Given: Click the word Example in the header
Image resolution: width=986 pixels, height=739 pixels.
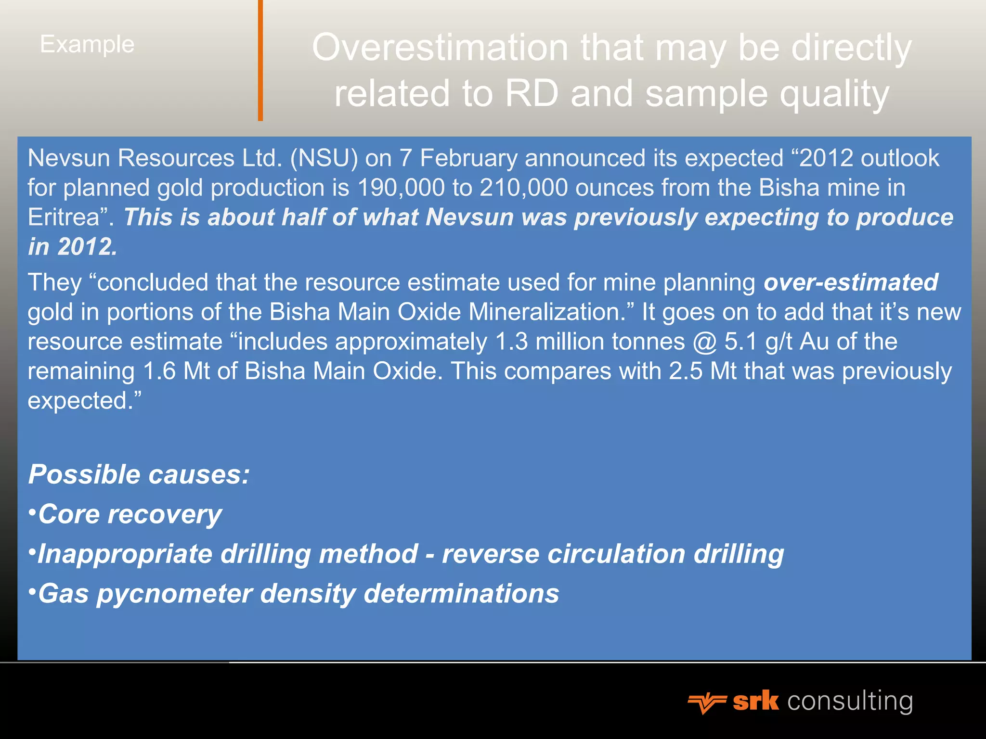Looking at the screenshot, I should click(x=87, y=45).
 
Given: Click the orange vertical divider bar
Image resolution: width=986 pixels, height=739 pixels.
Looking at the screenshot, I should click(x=260, y=60).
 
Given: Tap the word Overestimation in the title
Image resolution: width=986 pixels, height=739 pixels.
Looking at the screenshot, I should click(x=440, y=48).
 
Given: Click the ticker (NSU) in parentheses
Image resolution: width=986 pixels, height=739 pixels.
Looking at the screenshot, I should click(x=324, y=158).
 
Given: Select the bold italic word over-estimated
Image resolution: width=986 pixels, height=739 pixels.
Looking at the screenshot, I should click(x=851, y=282).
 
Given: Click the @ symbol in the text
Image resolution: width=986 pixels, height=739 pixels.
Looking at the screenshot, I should click(x=705, y=342).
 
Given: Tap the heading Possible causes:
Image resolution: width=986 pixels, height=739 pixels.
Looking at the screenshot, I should click(x=139, y=474).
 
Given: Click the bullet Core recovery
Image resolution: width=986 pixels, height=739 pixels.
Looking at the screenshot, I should click(x=129, y=514).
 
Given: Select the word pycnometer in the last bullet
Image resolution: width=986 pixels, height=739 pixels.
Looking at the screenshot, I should click(x=174, y=594).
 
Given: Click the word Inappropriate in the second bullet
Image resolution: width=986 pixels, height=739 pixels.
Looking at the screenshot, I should click(x=125, y=554).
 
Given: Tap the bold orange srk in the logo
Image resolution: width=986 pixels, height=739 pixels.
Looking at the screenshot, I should click(x=755, y=701).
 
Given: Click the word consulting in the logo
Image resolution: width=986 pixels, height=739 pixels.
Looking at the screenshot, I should click(x=850, y=701).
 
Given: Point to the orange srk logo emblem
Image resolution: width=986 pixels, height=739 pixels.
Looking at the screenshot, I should click(x=706, y=703).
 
